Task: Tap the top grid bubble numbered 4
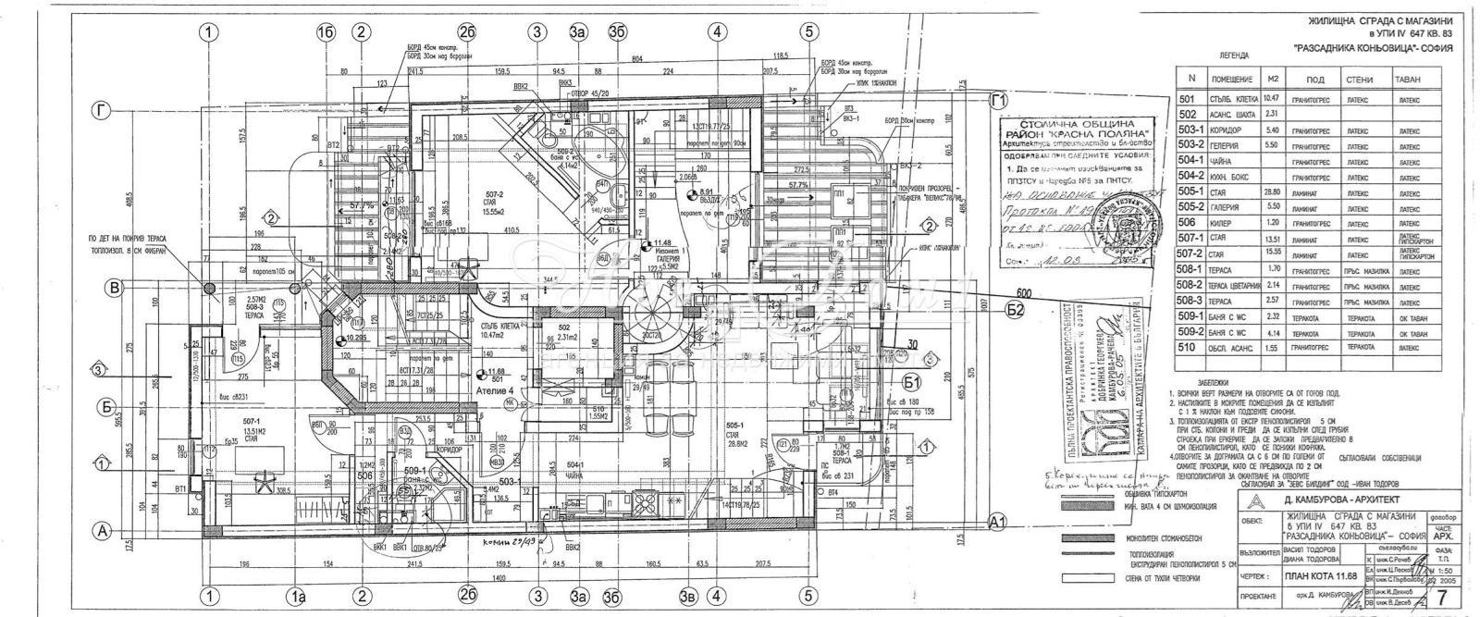(715, 31)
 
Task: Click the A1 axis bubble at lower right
(996, 521)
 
